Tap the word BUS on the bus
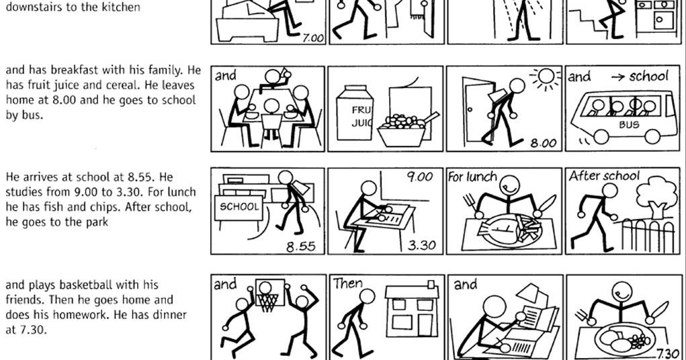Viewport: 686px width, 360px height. coord(629,125)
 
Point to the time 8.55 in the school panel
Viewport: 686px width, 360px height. coord(300,246)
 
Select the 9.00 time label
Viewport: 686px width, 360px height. coord(419,177)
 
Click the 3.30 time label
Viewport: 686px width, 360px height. coord(422,245)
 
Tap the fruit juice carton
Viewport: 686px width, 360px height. coord(354,113)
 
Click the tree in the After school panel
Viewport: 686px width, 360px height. coord(656,195)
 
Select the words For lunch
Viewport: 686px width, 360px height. coord(472,177)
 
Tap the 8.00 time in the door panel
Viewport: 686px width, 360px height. coord(544,143)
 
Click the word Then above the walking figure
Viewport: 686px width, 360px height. coord(348,283)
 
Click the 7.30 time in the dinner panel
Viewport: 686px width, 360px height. coord(668,353)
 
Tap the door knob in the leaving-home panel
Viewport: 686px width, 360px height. coord(470,110)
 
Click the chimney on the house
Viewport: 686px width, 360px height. coord(431,284)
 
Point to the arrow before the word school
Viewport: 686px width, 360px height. coord(617,77)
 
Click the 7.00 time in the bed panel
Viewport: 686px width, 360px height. coord(313,38)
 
